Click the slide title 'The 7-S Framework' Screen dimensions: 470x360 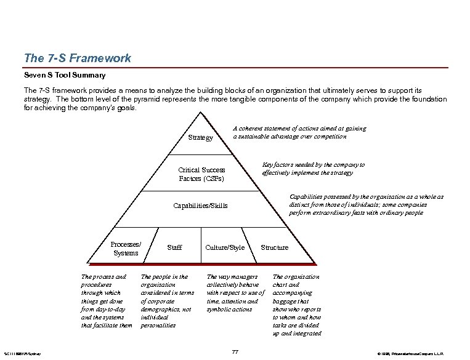(x=77, y=58)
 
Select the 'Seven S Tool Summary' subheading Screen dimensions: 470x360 (x=65, y=76)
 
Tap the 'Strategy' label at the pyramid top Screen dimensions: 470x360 (x=200, y=138)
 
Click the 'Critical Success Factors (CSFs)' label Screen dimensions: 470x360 (x=201, y=174)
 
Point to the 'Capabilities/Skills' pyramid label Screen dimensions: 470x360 (x=200, y=205)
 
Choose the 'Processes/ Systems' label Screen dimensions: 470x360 (x=126, y=248)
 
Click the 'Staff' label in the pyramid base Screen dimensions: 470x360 (x=174, y=247)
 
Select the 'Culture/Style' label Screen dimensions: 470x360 (x=225, y=247)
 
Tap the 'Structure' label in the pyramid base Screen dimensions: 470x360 (x=274, y=247)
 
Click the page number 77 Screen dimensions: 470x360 (x=235, y=351)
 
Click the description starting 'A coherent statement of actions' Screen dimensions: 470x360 (x=299, y=132)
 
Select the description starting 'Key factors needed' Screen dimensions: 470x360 (x=313, y=169)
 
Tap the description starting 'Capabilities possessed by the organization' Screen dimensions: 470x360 (x=366, y=205)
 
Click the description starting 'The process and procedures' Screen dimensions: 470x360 (x=106, y=301)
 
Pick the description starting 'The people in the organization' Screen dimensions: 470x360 (x=167, y=301)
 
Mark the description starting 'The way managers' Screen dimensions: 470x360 (x=235, y=293)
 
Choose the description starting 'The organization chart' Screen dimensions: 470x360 (x=297, y=305)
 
